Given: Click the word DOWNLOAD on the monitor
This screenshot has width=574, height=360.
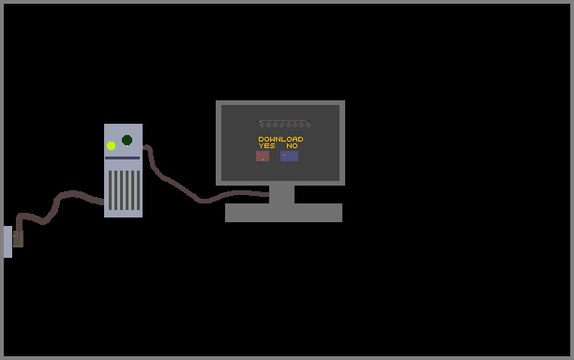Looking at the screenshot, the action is (x=280, y=139).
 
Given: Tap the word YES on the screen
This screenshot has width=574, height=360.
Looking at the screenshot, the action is (x=266, y=145).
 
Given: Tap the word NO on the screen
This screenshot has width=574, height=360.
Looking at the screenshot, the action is (x=292, y=145).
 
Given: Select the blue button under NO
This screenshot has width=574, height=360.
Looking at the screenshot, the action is (x=289, y=157).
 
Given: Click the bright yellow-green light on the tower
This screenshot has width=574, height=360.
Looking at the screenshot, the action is (x=112, y=145).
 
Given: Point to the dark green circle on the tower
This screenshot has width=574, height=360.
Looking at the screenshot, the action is (x=127, y=140).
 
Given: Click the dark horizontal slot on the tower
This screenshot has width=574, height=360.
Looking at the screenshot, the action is (x=122, y=158).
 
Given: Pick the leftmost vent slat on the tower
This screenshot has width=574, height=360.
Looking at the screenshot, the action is (x=110, y=190).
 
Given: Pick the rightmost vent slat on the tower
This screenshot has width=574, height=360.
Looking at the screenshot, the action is (x=139, y=190).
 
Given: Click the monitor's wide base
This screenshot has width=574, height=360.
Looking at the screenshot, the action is (x=283, y=213).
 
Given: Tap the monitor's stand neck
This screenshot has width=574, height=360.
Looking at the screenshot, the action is (x=282, y=194).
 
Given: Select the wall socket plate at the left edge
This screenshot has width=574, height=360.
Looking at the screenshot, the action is (x=8, y=242).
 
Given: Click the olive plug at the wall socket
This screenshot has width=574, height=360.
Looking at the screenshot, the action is (x=18, y=239).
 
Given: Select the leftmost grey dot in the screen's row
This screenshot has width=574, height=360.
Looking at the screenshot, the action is (x=262, y=125).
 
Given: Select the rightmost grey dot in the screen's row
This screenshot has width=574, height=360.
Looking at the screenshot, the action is (x=308, y=125).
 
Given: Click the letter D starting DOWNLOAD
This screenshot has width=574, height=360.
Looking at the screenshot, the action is (x=261, y=139).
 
